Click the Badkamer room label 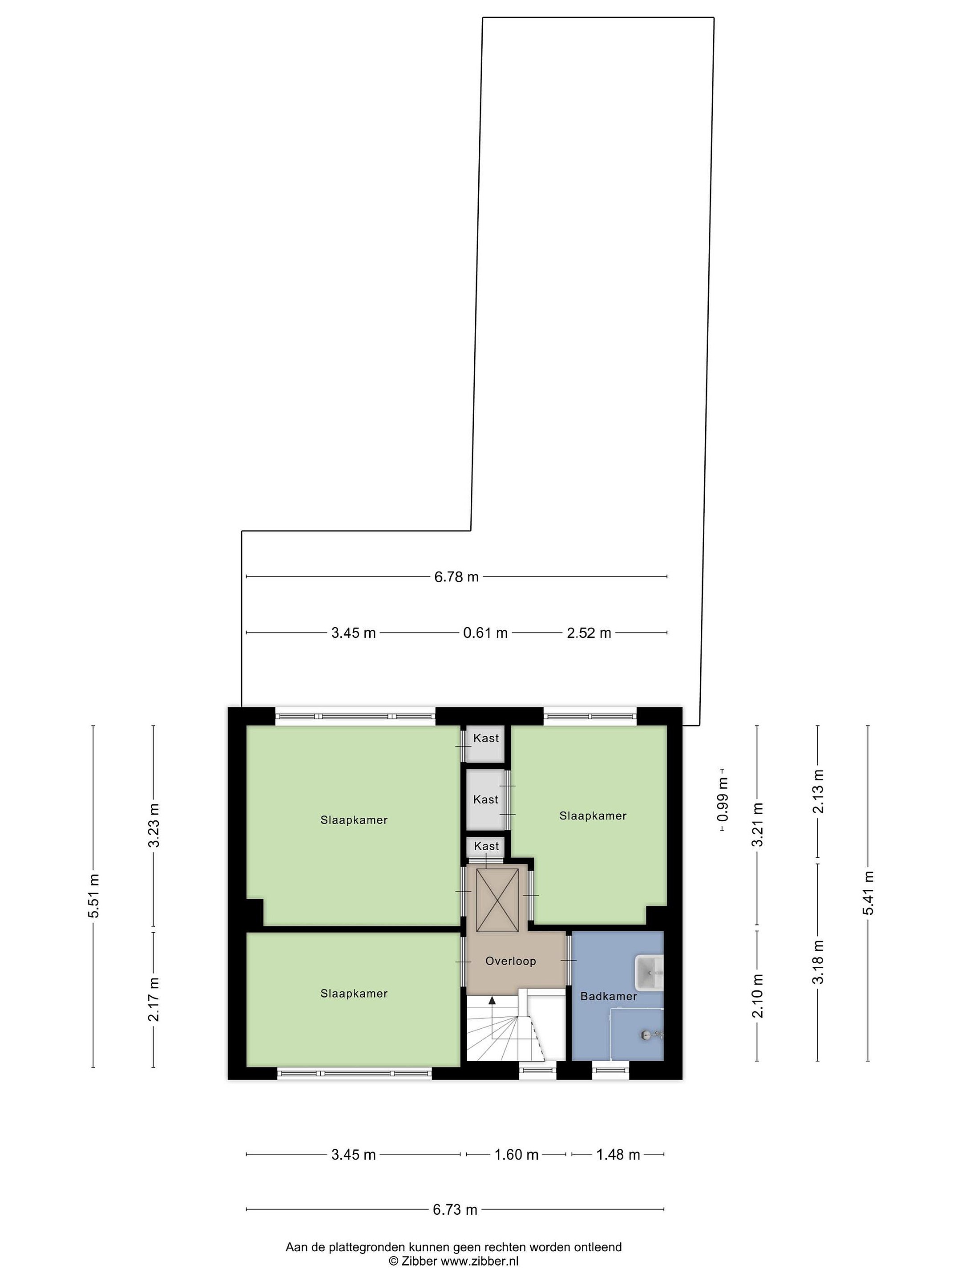point(608,996)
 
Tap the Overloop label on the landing point(510,961)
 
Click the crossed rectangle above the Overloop point(497,900)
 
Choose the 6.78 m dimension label point(456,576)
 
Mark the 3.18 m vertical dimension point(817,962)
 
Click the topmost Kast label point(485,738)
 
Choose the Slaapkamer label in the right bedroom point(593,815)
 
